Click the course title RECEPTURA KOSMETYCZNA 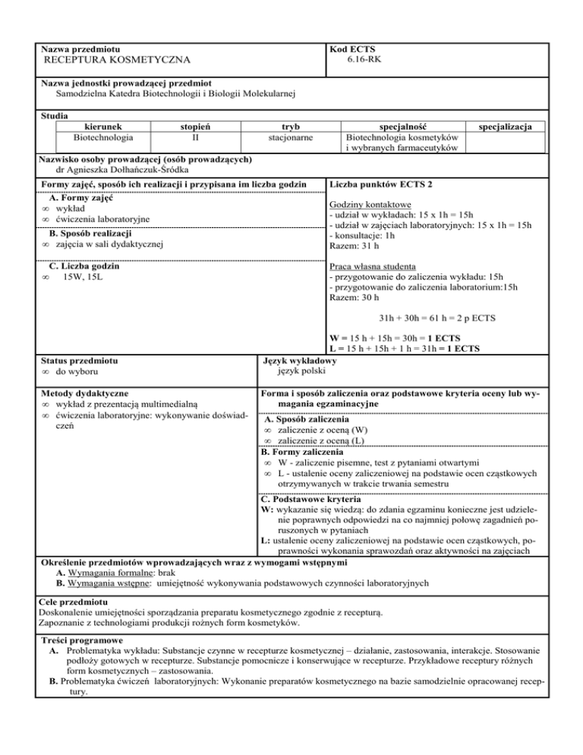pos(116,60)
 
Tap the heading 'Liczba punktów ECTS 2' pos(377,185)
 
